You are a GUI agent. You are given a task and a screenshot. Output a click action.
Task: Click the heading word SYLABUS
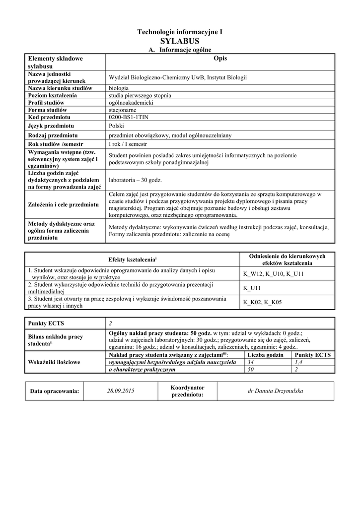point(180,41)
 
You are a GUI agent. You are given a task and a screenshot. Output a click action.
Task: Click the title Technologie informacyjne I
point(180,32)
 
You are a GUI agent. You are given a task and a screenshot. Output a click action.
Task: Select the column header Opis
point(219,59)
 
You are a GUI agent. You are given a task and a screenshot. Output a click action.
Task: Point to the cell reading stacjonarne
point(124,110)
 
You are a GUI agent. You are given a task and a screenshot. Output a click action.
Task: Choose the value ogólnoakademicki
point(131,102)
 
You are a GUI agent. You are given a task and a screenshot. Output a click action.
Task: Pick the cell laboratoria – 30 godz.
point(135,180)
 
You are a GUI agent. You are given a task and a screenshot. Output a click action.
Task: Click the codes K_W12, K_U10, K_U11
point(273,274)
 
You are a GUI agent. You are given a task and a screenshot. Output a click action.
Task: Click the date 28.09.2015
point(121,391)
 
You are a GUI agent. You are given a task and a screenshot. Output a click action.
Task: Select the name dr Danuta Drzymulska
point(275,391)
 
